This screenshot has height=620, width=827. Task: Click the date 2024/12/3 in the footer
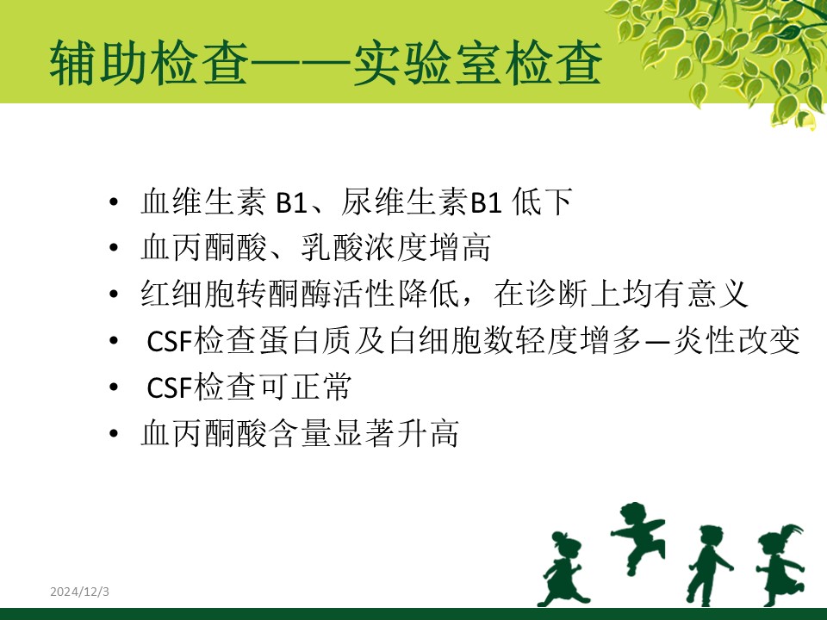click(79, 592)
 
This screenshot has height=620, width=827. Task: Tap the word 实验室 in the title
click(425, 64)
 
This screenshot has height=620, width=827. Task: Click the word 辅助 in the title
click(98, 64)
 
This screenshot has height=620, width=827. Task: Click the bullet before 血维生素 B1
click(114, 201)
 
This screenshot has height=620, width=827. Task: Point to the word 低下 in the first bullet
click(542, 201)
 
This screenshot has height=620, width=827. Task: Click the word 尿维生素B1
click(421, 201)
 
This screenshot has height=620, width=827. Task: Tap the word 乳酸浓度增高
click(396, 247)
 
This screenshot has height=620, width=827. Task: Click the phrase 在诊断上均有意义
click(621, 294)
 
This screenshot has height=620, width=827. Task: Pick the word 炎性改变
click(737, 341)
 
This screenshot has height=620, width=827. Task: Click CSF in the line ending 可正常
click(170, 387)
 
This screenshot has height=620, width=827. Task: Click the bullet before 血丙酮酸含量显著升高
click(114, 433)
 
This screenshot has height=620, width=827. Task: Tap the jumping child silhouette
click(637, 535)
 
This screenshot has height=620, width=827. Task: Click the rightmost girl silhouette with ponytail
click(780, 564)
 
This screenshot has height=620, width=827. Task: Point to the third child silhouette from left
click(709, 564)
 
